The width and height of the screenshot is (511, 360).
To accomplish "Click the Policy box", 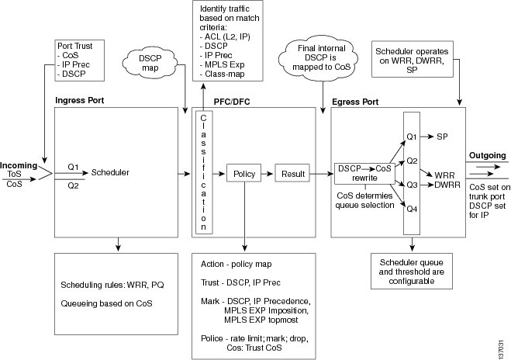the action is (x=243, y=174).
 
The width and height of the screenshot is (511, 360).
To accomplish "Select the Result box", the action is (x=292, y=174).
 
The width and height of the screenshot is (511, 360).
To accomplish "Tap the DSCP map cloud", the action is (x=150, y=63).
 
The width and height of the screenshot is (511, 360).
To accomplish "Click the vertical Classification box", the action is (x=204, y=172).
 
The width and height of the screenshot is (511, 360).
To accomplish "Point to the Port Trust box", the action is (x=80, y=61).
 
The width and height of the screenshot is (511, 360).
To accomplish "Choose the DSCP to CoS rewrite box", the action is (x=364, y=173).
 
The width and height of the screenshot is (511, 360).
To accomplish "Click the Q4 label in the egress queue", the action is (x=412, y=209).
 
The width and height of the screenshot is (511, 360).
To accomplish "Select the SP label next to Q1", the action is (x=442, y=137).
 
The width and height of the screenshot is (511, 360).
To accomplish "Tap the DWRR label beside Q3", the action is (x=447, y=185).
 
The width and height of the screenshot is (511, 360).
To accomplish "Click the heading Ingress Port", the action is (x=80, y=100).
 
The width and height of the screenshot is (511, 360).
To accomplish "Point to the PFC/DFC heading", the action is (x=232, y=102).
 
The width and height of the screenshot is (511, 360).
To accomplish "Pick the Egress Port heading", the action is (x=355, y=102).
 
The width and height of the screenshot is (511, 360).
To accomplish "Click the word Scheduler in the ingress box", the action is (x=110, y=172).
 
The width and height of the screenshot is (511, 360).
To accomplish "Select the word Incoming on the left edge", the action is (x=19, y=165).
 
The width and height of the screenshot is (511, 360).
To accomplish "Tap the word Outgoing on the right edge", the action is (x=487, y=155).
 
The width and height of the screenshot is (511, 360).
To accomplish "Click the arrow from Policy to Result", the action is (x=268, y=174).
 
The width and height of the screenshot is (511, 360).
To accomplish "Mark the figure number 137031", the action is (x=501, y=349).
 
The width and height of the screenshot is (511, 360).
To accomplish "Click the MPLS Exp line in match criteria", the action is (x=222, y=64).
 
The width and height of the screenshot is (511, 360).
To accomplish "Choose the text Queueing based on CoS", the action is (x=106, y=303).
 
